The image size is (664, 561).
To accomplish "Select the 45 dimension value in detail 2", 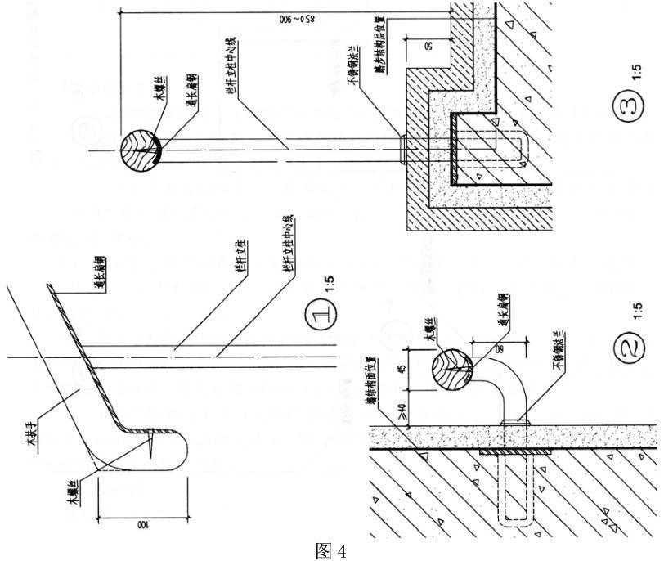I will coord(402,367).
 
